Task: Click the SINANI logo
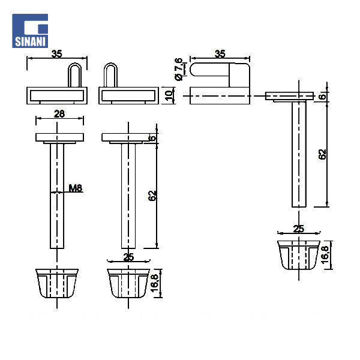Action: click(x=30, y=31)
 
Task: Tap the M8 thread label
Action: click(x=76, y=188)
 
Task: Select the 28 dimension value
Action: click(x=59, y=114)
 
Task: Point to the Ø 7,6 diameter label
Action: click(x=179, y=69)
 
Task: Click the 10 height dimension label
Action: click(x=169, y=95)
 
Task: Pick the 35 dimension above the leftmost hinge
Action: click(x=57, y=54)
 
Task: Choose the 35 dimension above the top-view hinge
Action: click(x=220, y=54)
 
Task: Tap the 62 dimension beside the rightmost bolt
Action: click(x=322, y=154)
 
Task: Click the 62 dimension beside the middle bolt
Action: click(x=152, y=196)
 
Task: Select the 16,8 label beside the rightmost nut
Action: click(x=325, y=255)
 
